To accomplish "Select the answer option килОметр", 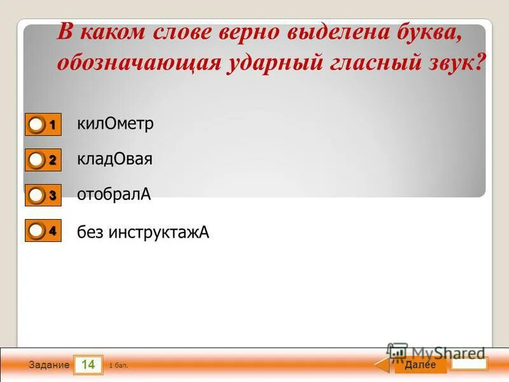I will tap(115, 124).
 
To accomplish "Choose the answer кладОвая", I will tap(115, 159).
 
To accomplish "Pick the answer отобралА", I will tap(114, 194).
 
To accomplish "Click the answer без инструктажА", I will tap(143, 232).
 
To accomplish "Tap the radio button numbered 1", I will tap(37, 125).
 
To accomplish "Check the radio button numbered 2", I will tap(37, 160).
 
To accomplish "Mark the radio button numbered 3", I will tap(37, 195).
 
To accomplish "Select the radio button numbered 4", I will tap(37, 231).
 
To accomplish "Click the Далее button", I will tap(420, 365).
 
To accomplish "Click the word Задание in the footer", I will tap(48, 365).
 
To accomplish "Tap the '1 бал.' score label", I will tap(118, 365).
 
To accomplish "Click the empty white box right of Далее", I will tap(469, 364).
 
